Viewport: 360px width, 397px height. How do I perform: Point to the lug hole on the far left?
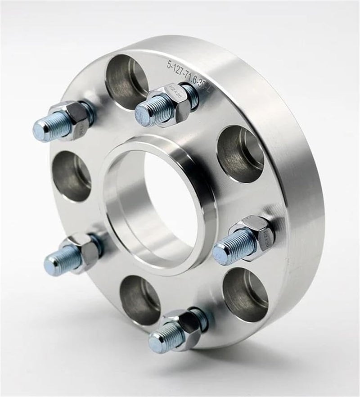coord(72,175)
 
